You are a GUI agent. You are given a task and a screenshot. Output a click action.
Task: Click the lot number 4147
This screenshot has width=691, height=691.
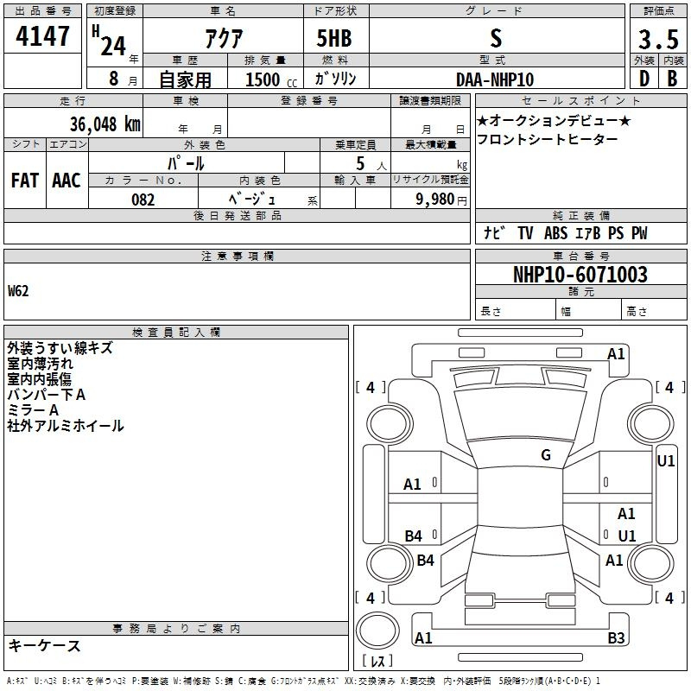pyautogui.click(x=42, y=36)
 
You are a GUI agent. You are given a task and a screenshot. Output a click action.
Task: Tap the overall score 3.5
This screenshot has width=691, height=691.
pyautogui.click(x=658, y=40)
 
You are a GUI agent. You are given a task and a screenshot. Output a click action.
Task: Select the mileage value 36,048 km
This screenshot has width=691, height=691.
pyautogui.click(x=105, y=124)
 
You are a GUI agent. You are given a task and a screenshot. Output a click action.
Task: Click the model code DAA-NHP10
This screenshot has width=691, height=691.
pyautogui.click(x=495, y=79)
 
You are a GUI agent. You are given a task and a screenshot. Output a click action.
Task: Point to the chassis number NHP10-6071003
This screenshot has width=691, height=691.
pyautogui.click(x=580, y=275)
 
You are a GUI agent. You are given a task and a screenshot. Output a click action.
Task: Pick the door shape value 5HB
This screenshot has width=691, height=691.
pyautogui.click(x=334, y=38)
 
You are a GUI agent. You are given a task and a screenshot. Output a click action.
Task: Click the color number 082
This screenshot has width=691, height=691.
pyautogui.click(x=143, y=200)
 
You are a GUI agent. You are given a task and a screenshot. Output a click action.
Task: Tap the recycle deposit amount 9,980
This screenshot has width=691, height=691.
pyautogui.click(x=435, y=200)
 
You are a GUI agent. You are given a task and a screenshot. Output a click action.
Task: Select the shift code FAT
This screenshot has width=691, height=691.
pyautogui.click(x=25, y=181)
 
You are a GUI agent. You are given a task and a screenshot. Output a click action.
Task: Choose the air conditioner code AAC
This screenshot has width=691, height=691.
pyautogui.click(x=67, y=181)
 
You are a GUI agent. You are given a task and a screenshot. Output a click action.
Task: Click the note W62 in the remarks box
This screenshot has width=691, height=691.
pyautogui.click(x=18, y=291)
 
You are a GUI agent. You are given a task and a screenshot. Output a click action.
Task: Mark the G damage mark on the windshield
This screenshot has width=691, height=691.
pyautogui.click(x=546, y=455)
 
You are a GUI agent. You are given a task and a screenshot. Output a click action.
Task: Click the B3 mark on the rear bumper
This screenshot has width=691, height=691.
pyautogui.click(x=616, y=637)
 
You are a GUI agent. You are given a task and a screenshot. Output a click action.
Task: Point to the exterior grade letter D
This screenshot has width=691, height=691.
pyautogui.click(x=644, y=79)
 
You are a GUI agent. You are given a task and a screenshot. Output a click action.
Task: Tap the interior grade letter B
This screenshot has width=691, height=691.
pyautogui.click(x=672, y=79)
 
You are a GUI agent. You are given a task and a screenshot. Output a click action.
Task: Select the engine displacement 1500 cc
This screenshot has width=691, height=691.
pyautogui.click(x=271, y=79)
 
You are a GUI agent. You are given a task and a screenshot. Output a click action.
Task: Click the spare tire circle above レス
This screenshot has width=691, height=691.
pyautogui.click(x=377, y=631)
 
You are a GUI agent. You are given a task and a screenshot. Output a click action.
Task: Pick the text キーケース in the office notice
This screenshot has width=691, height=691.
pyautogui.click(x=45, y=646)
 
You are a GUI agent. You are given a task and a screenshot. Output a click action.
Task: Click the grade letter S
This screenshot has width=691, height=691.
pyautogui.click(x=496, y=38)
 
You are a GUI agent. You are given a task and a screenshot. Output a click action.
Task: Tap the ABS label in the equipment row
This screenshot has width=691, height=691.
pyautogui.click(x=555, y=233)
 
